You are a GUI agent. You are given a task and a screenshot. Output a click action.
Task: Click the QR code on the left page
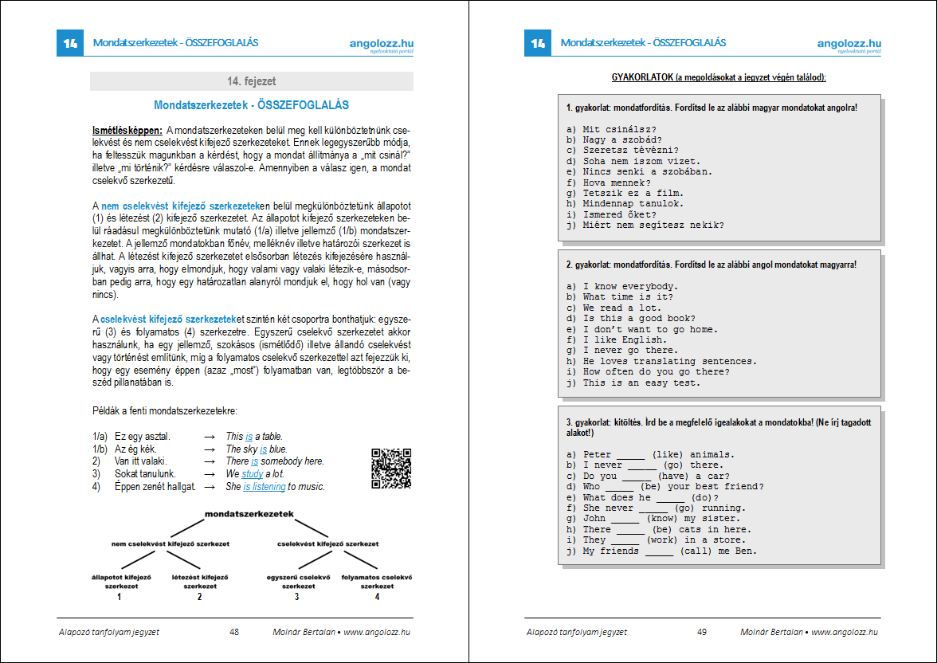(391, 469)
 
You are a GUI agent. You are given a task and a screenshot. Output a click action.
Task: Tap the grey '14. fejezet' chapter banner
(251, 81)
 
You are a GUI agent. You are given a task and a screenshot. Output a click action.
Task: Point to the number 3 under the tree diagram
(296, 596)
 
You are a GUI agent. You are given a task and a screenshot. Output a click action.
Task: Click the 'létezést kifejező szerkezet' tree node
(200, 580)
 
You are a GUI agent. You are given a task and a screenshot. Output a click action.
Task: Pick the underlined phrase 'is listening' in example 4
(264, 486)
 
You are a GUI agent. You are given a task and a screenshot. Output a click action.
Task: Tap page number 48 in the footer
(234, 632)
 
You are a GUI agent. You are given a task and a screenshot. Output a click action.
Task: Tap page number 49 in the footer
(702, 632)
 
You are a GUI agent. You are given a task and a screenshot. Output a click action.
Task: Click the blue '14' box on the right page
(537, 43)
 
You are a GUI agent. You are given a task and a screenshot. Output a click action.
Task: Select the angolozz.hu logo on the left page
(381, 45)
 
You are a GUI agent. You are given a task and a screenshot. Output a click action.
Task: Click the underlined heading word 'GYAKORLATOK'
(641, 77)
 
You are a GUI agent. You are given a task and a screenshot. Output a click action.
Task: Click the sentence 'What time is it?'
(628, 296)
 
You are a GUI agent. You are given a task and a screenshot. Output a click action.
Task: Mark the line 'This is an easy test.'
(641, 382)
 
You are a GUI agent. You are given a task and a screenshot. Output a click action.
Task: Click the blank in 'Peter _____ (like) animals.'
(630, 455)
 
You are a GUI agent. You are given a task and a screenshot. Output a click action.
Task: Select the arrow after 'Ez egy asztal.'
(210, 437)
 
